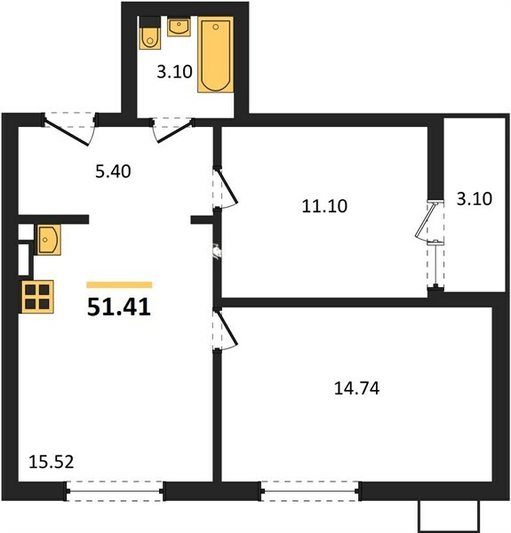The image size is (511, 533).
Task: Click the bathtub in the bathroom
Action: [216, 54]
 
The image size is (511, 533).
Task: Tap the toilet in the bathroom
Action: [149, 33]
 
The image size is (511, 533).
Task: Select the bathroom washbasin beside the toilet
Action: [179, 28]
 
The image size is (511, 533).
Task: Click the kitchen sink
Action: [48, 240]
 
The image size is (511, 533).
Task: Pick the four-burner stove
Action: [37, 297]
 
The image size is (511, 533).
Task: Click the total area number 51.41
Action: [119, 307]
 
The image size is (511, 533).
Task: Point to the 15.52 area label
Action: [51, 462]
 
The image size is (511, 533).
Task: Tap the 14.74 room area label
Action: [356, 388]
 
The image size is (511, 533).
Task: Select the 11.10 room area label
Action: [324, 206]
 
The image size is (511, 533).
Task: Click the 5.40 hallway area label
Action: [113, 171]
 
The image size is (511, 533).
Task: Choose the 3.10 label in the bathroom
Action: [174, 72]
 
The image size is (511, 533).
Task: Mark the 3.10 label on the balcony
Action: [474, 199]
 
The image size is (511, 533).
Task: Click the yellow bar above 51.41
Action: [119, 285]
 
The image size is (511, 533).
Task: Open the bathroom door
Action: [172, 131]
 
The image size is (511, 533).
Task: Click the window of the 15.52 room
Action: [115, 491]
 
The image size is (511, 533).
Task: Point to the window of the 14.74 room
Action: [310, 491]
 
